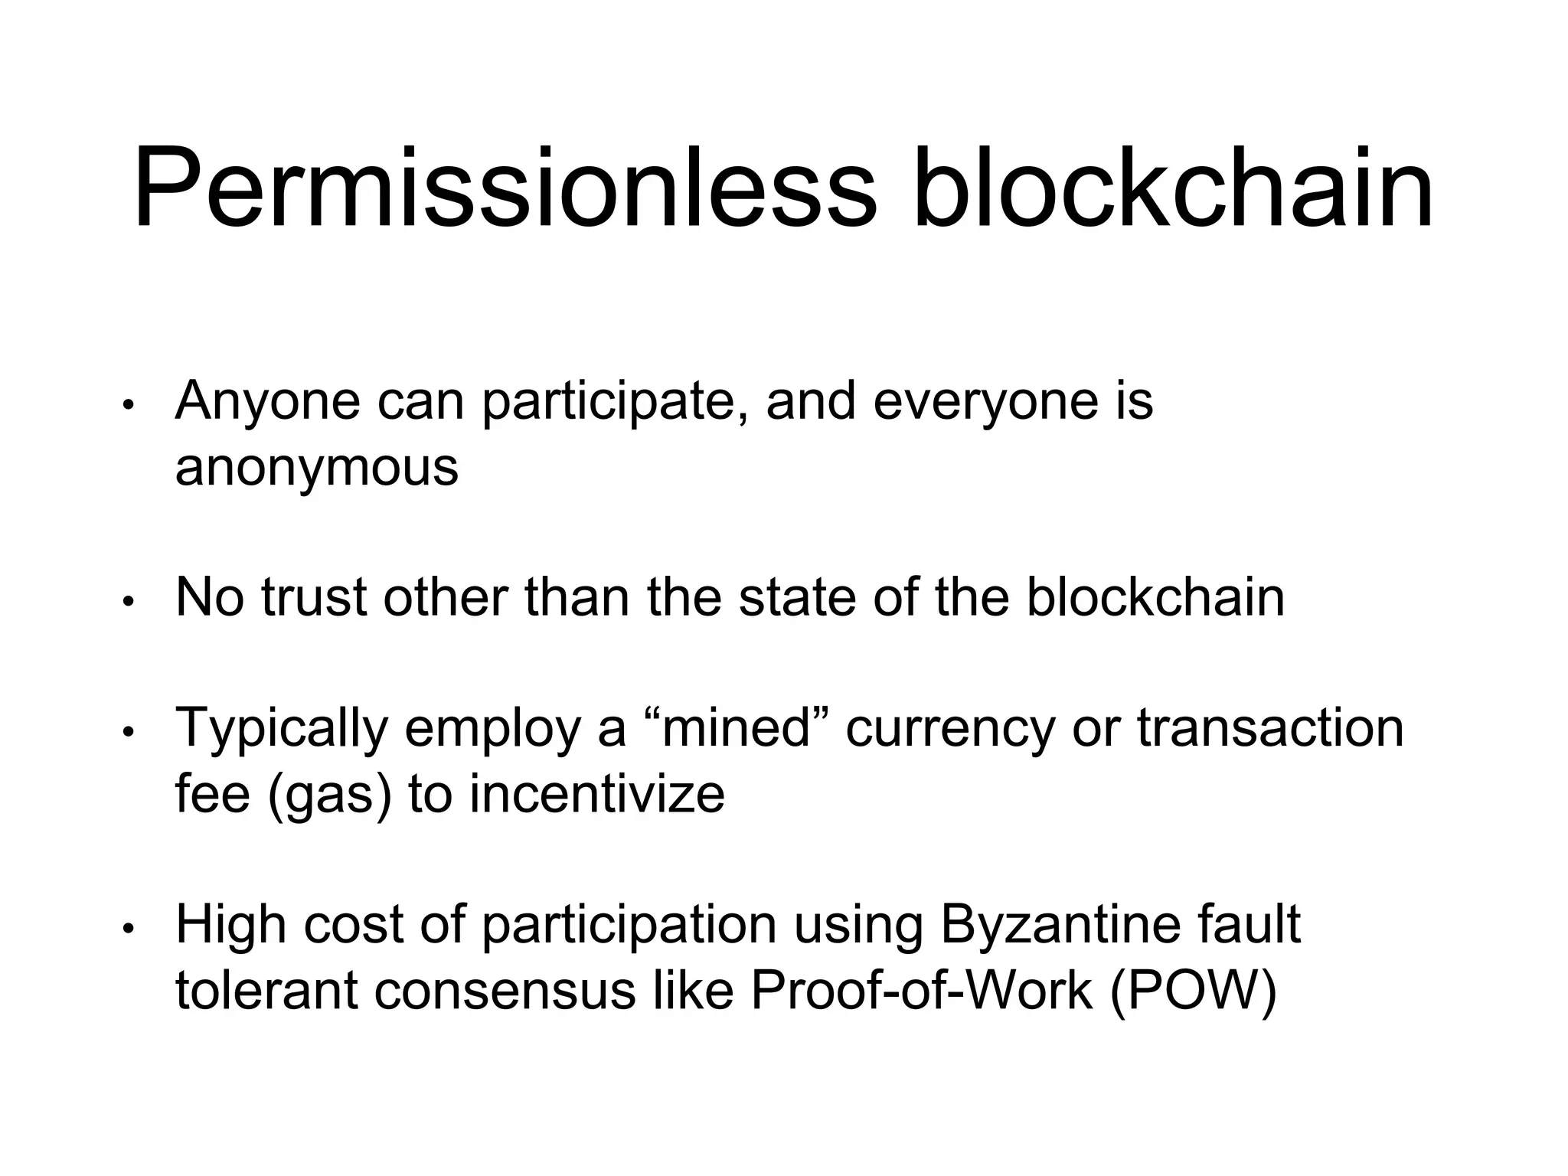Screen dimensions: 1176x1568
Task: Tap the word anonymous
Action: click(x=317, y=466)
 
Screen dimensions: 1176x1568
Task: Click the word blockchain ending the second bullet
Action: click(x=1155, y=597)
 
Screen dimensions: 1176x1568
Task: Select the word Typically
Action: click(x=282, y=728)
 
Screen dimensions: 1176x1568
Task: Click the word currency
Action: click(x=950, y=728)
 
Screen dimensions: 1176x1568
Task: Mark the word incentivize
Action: click(x=597, y=793)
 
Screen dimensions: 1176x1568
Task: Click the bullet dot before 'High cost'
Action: click(x=129, y=929)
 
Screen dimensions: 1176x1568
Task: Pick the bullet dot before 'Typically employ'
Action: click(x=129, y=732)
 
